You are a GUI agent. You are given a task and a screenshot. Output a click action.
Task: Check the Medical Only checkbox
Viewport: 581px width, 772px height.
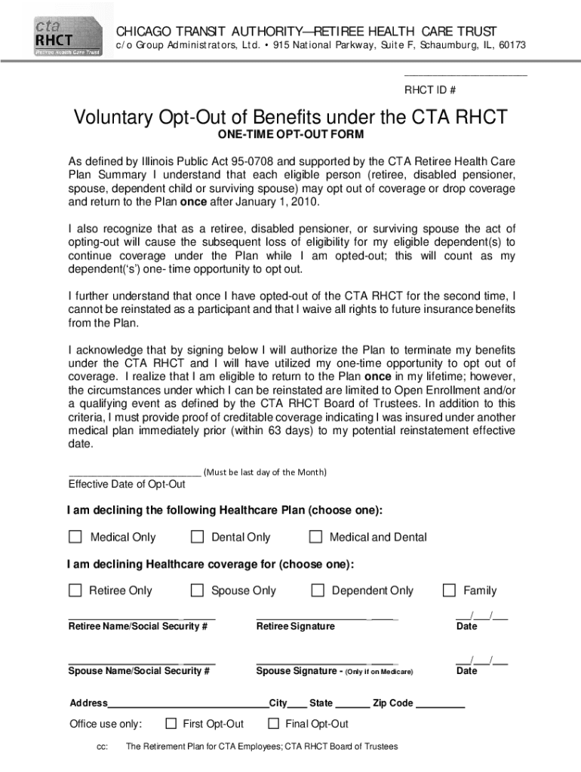75,537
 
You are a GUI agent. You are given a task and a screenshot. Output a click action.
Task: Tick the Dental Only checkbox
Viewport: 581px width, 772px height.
198,537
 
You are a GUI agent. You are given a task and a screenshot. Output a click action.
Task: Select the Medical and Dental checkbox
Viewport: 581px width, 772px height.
316,537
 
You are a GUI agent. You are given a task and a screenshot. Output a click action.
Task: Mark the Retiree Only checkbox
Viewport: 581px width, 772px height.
75,590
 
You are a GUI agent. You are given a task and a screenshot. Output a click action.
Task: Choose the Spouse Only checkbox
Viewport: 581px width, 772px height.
198,590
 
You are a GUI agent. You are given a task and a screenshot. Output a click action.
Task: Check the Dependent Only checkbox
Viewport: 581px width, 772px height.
318,590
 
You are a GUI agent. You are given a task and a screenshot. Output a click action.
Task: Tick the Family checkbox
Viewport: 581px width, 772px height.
450,590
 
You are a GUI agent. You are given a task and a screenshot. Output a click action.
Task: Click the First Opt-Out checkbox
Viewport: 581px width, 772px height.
170,724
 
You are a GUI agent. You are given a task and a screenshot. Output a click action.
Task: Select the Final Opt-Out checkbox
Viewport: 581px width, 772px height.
274,724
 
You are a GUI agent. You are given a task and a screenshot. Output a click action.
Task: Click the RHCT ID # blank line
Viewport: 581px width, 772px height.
466,75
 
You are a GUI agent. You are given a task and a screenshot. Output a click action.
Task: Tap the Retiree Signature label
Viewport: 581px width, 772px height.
295,626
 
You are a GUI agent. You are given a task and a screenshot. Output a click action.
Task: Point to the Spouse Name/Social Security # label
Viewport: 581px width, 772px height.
140,671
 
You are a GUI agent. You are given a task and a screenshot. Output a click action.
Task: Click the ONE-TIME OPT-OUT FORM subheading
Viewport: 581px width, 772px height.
290,135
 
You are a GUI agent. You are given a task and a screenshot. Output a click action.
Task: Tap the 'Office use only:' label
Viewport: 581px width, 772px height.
105,724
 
